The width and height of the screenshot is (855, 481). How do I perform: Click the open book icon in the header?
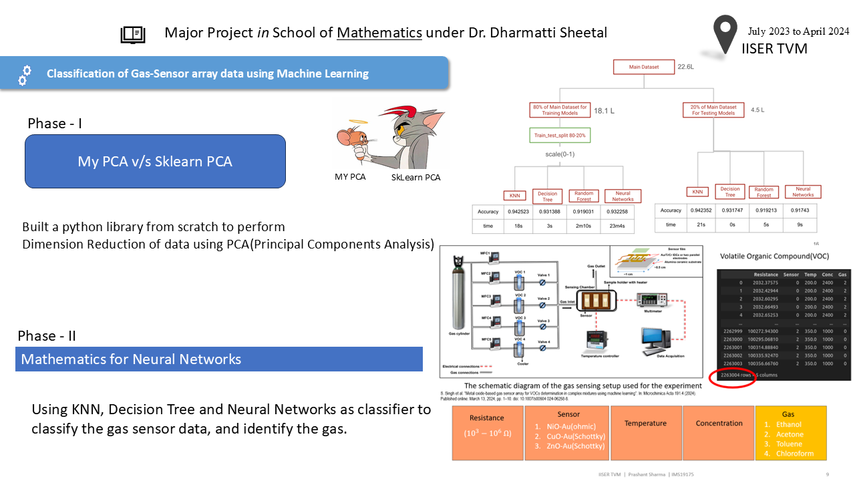(x=132, y=35)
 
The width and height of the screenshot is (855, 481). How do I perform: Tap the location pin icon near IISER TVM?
(x=726, y=33)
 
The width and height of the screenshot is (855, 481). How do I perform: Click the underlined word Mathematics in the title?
(x=379, y=32)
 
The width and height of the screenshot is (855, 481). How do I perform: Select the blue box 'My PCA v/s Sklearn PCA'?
(x=155, y=161)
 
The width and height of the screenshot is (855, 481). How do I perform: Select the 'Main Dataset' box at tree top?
(x=644, y=67)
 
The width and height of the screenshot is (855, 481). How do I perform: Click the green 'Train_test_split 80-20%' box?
(x=558, y=136)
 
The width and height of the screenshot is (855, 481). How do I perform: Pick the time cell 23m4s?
(x=623, y=226)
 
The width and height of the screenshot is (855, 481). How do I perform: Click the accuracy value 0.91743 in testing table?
(x=802, y=210)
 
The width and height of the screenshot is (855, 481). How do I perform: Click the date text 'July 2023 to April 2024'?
(x=798, y=31)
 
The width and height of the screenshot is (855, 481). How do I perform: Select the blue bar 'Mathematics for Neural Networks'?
(x=219, y=359)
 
